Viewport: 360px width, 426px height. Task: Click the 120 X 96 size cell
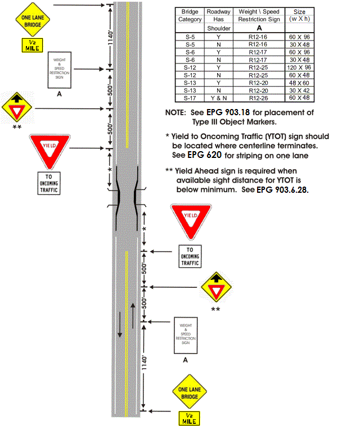[x=299, y=67]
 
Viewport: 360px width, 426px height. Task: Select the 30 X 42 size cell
[x=299, y=90]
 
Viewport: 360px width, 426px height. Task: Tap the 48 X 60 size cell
[x=299, y=82]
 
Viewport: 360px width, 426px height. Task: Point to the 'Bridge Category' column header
[x=190, y=15]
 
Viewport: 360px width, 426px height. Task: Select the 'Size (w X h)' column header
[x=299, y=15]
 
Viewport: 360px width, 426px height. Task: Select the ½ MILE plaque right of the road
[x=188, y=418]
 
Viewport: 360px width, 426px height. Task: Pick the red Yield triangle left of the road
[x=49, y=150]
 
